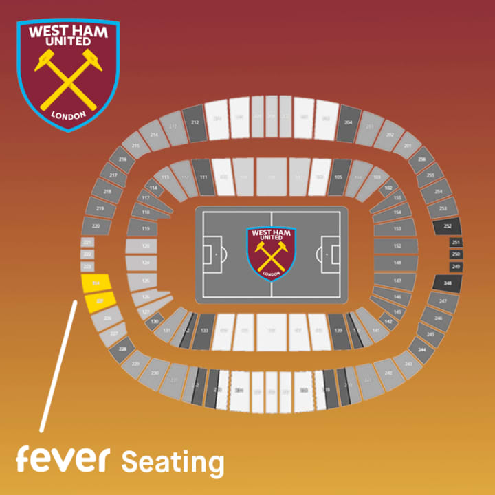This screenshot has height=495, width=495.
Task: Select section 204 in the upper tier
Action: [349, 122]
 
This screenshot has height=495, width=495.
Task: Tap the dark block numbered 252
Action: [448, 226]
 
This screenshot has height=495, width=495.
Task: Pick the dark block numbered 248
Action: [448, 283]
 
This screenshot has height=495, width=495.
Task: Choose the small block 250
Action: [456, 254]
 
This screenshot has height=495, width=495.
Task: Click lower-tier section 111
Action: [203, 177]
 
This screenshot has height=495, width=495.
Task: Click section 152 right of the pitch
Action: [397, 245]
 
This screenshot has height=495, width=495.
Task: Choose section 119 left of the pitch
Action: [145, 229]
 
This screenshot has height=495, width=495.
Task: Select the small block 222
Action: [87, 254]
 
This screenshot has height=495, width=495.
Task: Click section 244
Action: [421, 349]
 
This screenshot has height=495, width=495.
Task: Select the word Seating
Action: [173, 463]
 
